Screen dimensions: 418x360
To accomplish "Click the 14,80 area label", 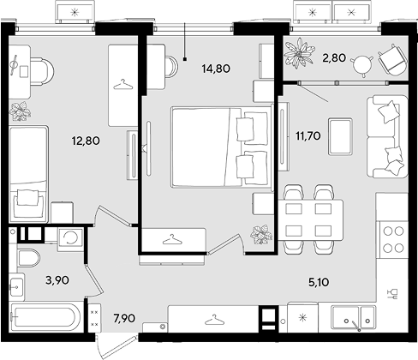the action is click(x=216, y=69).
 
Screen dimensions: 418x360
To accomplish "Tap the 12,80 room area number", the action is click(x=86, y=141).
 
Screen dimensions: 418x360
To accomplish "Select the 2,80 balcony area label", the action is click(x=334, y=58).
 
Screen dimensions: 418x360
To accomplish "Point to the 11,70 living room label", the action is click(x=308, y=135).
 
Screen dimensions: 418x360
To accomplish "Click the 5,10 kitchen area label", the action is click(x=319, y=282).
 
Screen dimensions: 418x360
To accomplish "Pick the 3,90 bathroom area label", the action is click(x=57, y=280).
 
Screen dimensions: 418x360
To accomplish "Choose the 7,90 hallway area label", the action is click(x=124, y=318).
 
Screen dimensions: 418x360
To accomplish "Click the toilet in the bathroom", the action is click(x=28, y=258).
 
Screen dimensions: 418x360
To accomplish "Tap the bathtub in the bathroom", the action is click(x=45, y=317).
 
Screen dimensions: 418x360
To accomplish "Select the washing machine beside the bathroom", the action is click(x=70, y=238).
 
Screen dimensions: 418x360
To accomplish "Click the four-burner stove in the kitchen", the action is click(x=393, y=239).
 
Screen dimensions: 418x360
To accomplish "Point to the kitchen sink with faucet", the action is click(x=354, y=318).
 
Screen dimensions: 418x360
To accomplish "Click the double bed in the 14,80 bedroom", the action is click(x=221, y=147).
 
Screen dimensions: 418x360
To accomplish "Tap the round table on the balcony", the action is click(x=362, y=65).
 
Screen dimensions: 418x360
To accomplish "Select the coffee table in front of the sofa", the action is click(x=340, y=136).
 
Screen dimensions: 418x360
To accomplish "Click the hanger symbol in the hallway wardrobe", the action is click(x=215, y=320).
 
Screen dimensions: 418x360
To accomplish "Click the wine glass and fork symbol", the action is click(x=392, y=294).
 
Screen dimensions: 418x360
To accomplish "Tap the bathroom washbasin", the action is click(x=16, y=286).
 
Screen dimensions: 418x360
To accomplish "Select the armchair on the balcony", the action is click(x=393, y=60).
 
